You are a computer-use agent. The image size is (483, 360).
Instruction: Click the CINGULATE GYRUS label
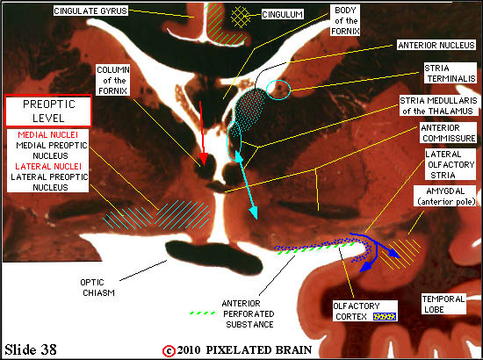click(x=90, y=11)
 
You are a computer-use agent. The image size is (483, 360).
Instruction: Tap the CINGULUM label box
click(x=283, y=14)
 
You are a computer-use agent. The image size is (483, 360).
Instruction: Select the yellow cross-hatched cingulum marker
click(x=241, y=17)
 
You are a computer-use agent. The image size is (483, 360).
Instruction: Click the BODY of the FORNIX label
click(x=345, y=20)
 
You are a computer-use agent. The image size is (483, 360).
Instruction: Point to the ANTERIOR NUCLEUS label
click(x=436, y=46)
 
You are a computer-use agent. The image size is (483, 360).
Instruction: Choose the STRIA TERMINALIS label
click(x=450, y=73)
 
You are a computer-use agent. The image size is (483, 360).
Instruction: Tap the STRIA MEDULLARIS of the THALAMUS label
click(x=438, y=105)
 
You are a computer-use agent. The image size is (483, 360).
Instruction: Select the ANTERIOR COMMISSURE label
click(x=448, y=133)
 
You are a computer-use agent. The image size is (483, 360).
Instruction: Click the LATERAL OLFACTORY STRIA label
click(x=450, y=164)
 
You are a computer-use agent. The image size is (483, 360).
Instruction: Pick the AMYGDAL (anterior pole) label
click(x=445, y=196)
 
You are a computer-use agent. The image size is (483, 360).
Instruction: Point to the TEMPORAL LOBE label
click(x=443, y=304)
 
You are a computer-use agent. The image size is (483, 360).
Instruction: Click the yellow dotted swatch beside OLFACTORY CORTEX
click(x=385, y=316)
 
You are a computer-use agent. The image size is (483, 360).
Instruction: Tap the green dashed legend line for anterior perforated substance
click(x=202, y=313)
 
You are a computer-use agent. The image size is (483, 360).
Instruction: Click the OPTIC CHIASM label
click(x=98, y=287)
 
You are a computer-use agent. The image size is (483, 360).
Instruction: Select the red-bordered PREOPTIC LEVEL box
click(x=48, y=111)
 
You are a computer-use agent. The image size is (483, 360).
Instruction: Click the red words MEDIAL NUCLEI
click(x=48, y=135)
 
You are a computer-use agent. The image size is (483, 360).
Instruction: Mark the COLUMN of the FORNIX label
click(x=112, y=81)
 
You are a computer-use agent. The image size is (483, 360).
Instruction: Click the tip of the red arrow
click(x=203, y=165)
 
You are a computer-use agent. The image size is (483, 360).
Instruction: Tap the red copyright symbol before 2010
click(x=169, y=350)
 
